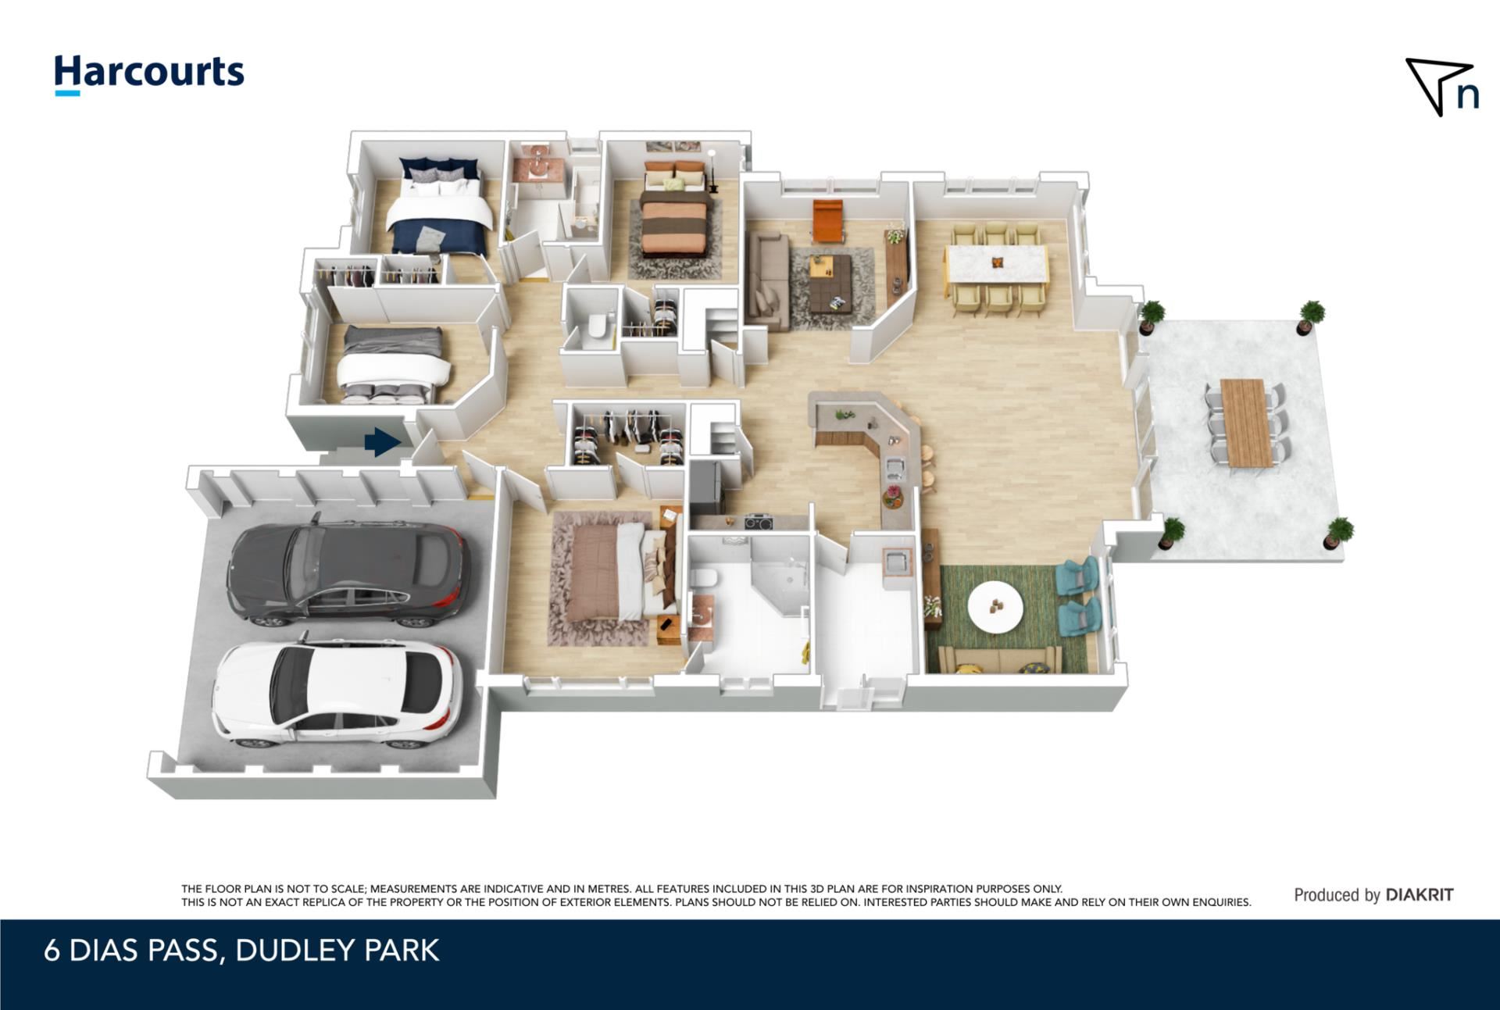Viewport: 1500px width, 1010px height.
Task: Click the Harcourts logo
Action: coord(149,75)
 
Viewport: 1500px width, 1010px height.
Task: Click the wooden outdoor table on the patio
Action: coord(1246,422)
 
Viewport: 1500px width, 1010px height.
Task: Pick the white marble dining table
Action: coord(997,265)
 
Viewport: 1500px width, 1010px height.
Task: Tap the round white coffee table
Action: coord(995,607)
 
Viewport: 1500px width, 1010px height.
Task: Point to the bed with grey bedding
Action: coord(395,364)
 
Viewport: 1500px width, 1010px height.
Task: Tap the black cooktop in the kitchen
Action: coord(758,521)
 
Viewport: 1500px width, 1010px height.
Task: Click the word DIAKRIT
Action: coord(1420,894)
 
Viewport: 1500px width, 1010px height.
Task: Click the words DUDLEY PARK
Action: coord(337,951)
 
